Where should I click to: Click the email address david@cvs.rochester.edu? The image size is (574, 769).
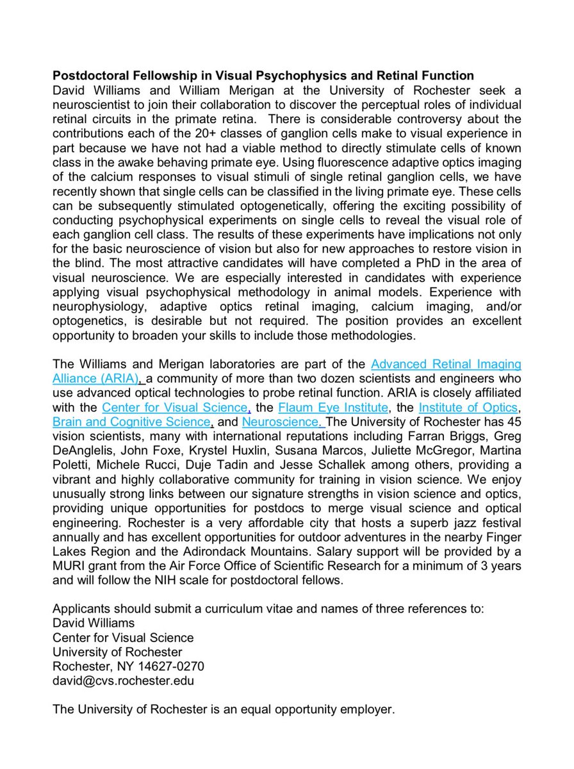pyautogui.click(x=122, y=681)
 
